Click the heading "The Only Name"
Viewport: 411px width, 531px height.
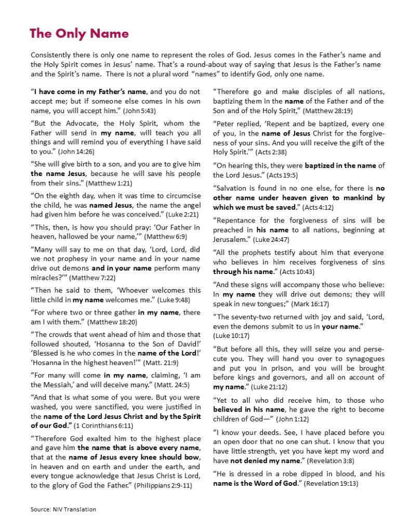(x=79, y=34)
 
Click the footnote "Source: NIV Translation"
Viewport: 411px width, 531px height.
(x=63, y=509)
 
